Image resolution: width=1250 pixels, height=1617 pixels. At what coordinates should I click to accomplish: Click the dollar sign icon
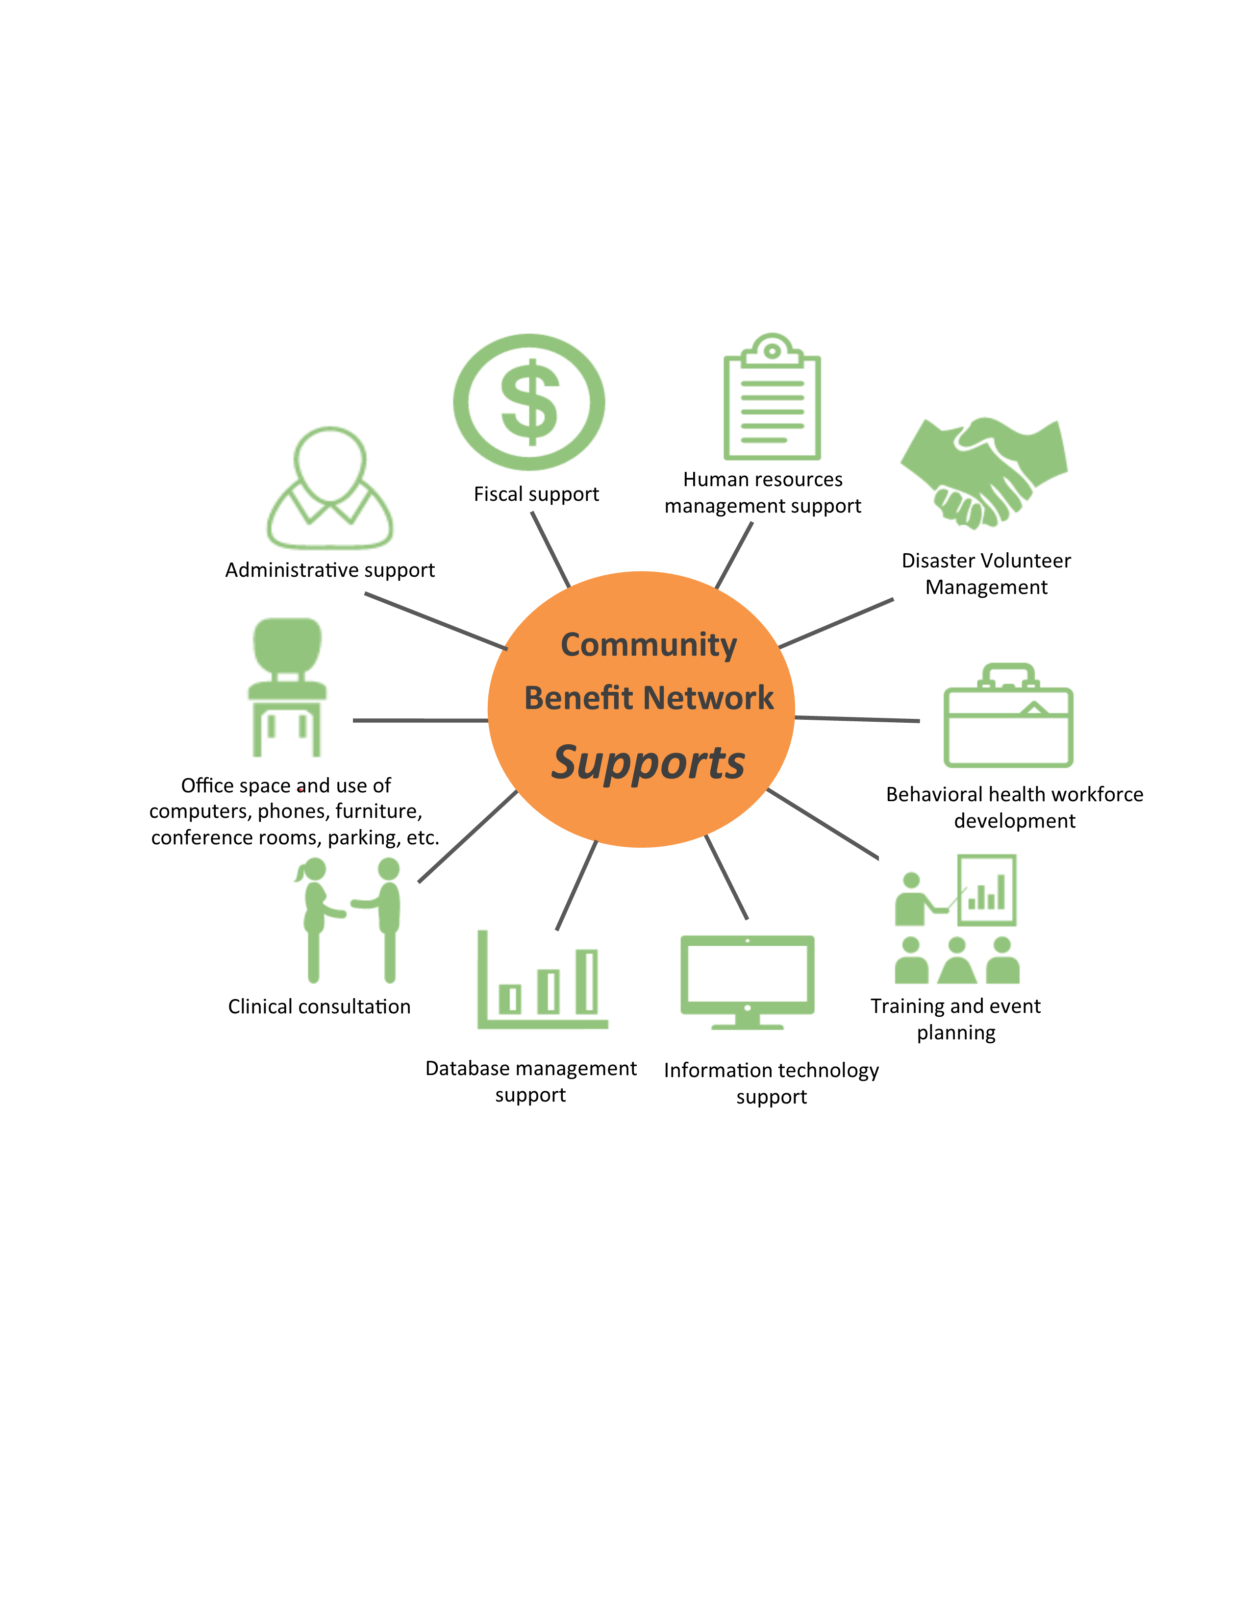[529, 402]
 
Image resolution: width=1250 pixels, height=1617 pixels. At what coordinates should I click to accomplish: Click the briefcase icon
[1008, 715]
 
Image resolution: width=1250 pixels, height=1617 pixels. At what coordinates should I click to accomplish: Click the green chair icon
[287, 687]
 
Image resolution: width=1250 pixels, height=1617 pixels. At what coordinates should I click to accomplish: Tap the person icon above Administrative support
[329, 488]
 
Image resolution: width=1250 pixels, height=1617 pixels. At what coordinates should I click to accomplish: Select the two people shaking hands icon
[348, 920]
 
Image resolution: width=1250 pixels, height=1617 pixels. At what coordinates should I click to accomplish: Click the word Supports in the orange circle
[648, 762]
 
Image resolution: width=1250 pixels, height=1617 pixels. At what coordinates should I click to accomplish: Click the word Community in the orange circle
[649, 645]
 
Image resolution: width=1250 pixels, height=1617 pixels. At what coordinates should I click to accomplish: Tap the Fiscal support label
[536, 494]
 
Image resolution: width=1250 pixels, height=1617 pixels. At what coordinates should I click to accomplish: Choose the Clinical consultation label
[319, 1006]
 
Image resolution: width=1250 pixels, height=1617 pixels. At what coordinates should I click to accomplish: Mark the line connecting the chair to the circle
[420, 720]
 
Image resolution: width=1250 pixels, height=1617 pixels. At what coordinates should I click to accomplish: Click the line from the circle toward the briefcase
[857, 719]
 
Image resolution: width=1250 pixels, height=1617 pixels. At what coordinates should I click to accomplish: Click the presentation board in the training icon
[986, 890]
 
